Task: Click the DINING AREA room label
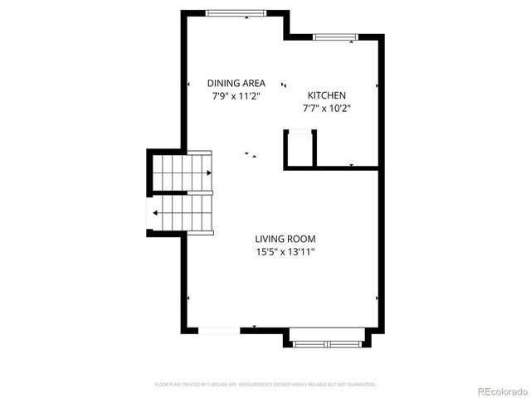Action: tap(236, 83)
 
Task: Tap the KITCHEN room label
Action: tap(327, 95)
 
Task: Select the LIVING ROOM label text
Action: tap(285, 237)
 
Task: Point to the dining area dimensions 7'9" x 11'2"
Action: tap(236, 95)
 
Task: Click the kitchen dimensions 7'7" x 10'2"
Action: tap(327, 108)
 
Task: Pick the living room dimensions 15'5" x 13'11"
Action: tap(285, 250)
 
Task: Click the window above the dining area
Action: tap(236, 12)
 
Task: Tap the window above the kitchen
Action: tap(335, 36)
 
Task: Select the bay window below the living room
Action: tap(326, 340)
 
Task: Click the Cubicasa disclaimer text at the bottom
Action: tap(265, 385)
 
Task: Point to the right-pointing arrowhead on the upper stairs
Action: tap(210, 172)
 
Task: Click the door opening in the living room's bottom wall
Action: tap(221, 331)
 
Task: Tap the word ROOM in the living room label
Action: tap(300, 237)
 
